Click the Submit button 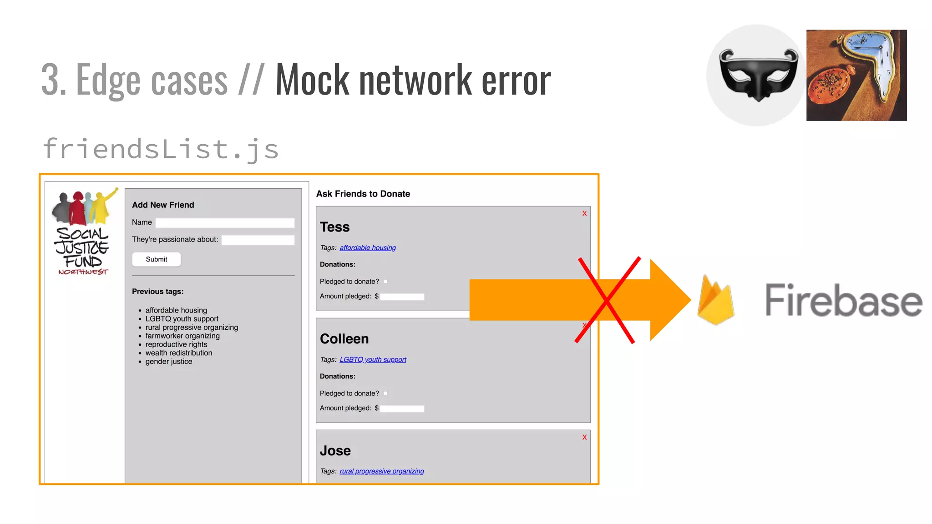156,259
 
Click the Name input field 225,223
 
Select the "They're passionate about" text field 258,240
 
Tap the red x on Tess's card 584,214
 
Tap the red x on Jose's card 584,438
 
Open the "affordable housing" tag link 368,248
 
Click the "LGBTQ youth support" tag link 373,360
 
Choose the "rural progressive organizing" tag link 381,471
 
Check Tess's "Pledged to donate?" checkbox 385,282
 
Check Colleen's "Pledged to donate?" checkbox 385,393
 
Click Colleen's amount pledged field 402,408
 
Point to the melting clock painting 856,75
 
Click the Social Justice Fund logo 83,232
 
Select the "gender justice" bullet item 168,362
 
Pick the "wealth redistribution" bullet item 178,353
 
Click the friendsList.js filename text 160,149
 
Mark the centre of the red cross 607,300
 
